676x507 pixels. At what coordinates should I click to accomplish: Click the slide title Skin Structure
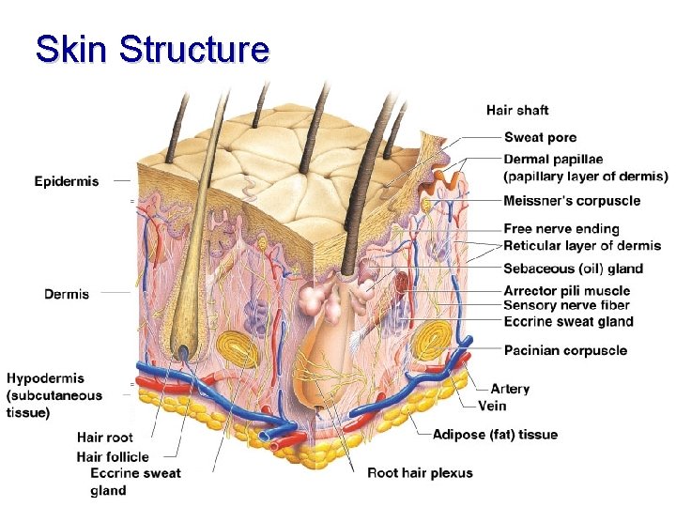pos(151,49)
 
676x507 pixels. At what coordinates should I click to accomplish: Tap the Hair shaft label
pos(517,111)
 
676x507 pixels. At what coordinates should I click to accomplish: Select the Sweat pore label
pos(541,138)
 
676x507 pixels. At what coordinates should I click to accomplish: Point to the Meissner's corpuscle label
pos(572,200)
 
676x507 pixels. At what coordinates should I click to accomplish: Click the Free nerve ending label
pos(561,229)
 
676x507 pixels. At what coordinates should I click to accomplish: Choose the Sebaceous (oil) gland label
pos(573,269)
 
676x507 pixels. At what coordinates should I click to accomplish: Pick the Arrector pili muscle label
pos(567,291)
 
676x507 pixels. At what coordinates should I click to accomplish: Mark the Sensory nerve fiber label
pos(566,305)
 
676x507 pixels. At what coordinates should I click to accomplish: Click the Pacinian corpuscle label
pos(565,350)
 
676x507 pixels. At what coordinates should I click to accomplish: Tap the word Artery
pos(510,389)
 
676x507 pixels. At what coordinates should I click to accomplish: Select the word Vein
pos(493,406)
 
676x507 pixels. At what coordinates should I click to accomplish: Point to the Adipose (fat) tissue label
pos(495,435)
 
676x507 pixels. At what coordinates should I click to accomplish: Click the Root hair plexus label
pos(420,473)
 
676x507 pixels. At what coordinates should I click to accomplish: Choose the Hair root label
pos(104,438)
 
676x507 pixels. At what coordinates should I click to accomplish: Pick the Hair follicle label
pos(113,457)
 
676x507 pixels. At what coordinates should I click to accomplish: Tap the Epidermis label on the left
pos(66,181)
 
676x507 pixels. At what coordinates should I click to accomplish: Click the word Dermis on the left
pos(67,294)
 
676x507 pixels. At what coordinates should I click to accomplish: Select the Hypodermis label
pos(45,378)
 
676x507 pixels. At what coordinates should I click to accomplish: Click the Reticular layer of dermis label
pos(582,246)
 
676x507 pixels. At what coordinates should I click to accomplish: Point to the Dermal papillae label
pos(553,160)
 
